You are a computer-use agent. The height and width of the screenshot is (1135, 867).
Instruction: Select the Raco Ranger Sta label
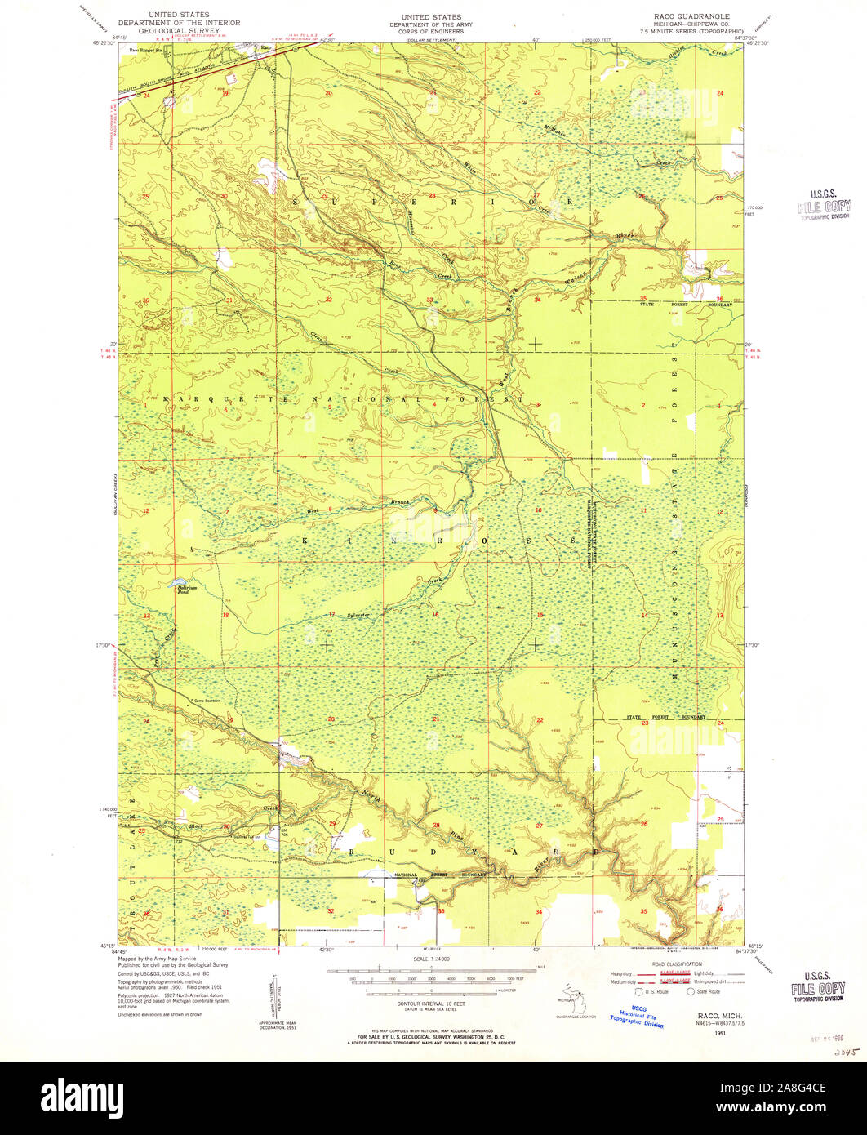coord(144,50)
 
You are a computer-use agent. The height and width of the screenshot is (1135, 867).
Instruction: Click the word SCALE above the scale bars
coord(421,959)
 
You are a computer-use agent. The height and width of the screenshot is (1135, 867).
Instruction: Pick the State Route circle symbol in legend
coord(690,992)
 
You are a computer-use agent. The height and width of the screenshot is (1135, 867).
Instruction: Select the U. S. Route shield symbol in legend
coord(638,992)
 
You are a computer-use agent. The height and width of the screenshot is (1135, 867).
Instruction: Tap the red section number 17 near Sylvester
coord(331,614)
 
